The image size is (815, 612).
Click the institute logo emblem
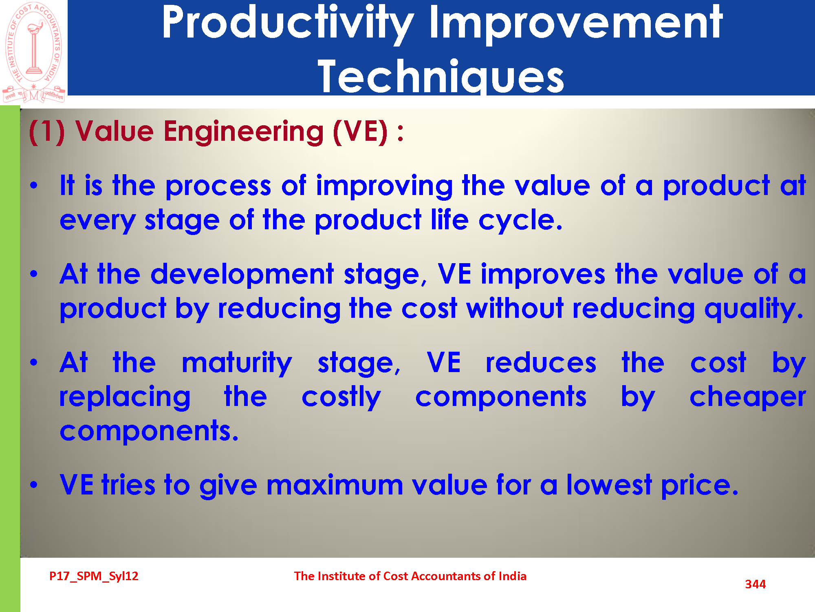[34, 52]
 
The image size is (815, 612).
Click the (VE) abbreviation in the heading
[360, 132]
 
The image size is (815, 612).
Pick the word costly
[341, 398]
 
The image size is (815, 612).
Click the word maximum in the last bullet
[335, 485]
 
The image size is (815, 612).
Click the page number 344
[755, 584]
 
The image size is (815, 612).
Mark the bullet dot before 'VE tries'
[34, 485]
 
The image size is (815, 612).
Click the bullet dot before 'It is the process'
[34, 186]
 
